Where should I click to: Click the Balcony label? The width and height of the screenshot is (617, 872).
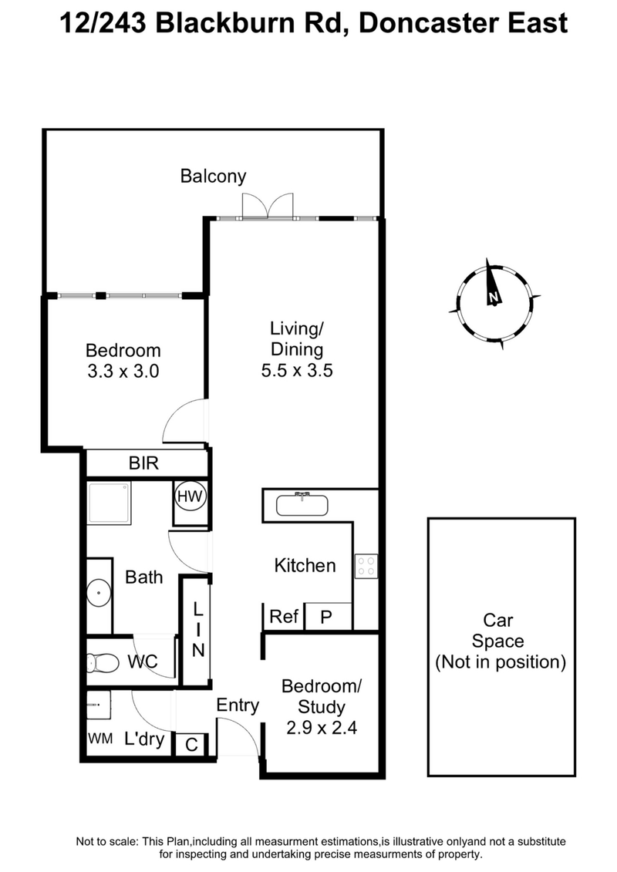click(x=213, y=177)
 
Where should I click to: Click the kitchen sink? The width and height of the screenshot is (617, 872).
click(x=302, y=506)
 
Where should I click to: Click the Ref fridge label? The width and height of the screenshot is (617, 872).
click(x=284, y=617)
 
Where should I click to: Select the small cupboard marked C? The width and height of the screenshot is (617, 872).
click(x=191, y=745)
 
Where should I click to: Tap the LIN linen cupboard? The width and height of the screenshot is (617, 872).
click(x=197, y=631)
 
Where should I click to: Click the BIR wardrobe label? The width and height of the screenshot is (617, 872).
click(x=144, y=463)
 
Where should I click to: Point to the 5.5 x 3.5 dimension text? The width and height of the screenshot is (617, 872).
click(x=296, y=370)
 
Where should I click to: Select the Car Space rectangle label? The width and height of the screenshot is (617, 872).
click(x=501, y=641)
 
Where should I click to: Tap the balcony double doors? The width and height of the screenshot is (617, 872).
click(x=268, y=206)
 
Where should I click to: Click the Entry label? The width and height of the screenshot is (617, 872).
click(x=238, y=705)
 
